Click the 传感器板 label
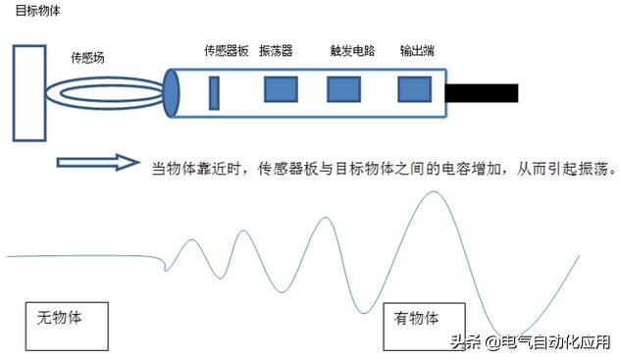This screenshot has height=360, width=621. (x=226, y=51)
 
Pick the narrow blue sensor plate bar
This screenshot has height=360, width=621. (x=213, y=91)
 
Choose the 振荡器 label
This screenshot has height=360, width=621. (x=276, y=51)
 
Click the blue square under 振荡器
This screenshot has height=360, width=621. (x=281, y=90)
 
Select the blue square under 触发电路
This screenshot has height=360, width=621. (x=340, y=90)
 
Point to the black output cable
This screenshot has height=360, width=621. (x=482, y=92)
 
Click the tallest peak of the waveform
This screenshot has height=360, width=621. (x=433, y=192)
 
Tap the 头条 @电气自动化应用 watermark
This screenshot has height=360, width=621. (x=530, y=342)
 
